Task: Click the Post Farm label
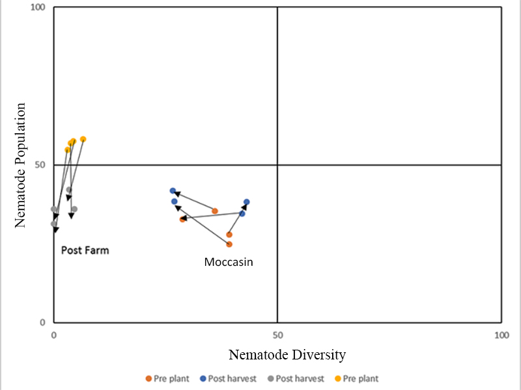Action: pyautogui.click(x=85, y=250)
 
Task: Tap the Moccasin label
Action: pyautogui.click(x=229, y=263)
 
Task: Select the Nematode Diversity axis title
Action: pyautogui.click(x=287, y=355)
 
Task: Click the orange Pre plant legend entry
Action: pyautogui.click(x=167, y=378)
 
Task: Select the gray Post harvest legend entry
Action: pyautogui.click(x=300, y=378)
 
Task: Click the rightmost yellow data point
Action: pyautogui.click(x=83, y=139)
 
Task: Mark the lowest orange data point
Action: pyautogui.click(x=229, y=244)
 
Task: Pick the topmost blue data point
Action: pyautogui.click(x=173, y=190)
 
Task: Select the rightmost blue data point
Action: pyautogui.click(x=247, y=202)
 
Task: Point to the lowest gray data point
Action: pyautogui.click(x=54, y=224)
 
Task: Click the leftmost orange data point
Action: pyautogui.click(x=183, y=219)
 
